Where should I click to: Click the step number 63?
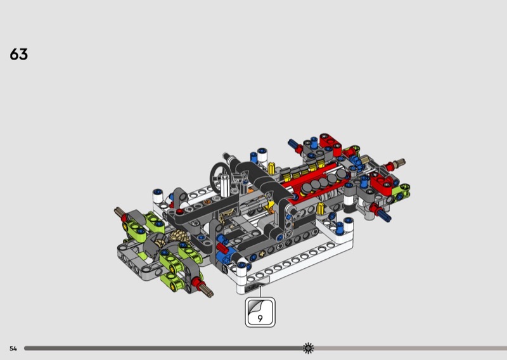(19, 55)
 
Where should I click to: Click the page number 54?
(13, 349)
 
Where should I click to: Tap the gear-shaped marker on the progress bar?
(308, 348)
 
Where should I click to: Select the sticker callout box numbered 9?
(260, 312)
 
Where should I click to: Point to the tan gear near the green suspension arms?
(177, 238)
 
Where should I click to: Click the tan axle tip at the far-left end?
(118, 211)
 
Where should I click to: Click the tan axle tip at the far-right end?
(401, 162)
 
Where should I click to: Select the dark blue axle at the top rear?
(293, 144)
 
